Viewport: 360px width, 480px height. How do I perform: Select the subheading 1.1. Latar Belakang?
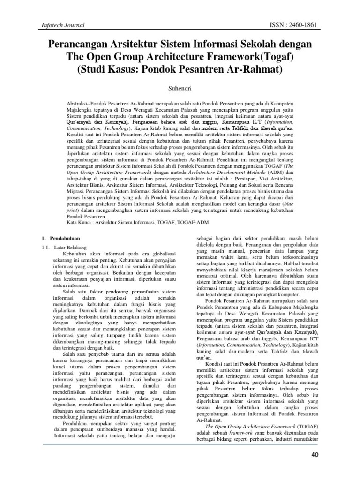(60, 247)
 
